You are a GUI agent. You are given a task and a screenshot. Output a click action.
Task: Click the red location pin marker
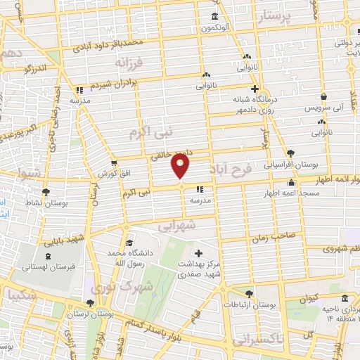pos(181,166)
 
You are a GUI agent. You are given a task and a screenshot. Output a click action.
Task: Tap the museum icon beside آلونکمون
pos(214,17)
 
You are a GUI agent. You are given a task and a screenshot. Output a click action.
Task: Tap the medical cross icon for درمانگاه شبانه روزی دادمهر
pos(255,89)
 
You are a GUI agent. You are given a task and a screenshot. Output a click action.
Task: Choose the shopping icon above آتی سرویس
pos(323,97)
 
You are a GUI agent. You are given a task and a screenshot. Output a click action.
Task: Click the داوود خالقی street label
pos(166,155)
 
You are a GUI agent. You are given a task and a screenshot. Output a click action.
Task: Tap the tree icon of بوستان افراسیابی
pos(290,153)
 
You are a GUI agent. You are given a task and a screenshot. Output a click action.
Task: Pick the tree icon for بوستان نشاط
pos(46,191)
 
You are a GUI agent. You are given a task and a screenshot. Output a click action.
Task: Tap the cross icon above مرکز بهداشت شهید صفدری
pos(199,252)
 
